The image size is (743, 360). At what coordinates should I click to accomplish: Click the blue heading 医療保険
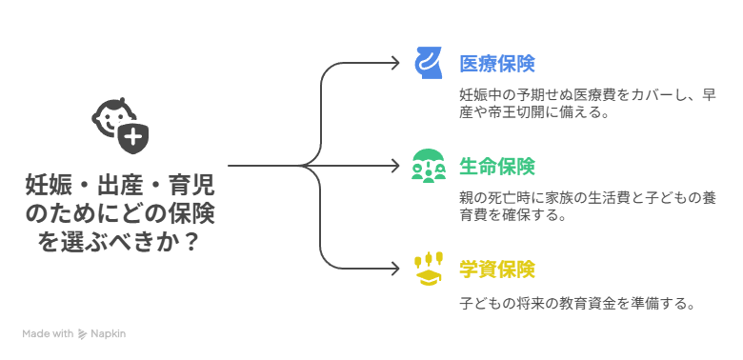(496, 64)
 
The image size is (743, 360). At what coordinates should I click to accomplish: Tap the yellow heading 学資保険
(496, 270)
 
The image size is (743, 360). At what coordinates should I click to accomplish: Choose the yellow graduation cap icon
(430, 270)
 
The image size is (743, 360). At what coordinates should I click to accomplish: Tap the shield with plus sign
(134, 139)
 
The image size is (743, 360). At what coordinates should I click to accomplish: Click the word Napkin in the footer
(109, 334)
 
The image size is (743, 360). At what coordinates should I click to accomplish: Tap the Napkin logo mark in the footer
(83, 334)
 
